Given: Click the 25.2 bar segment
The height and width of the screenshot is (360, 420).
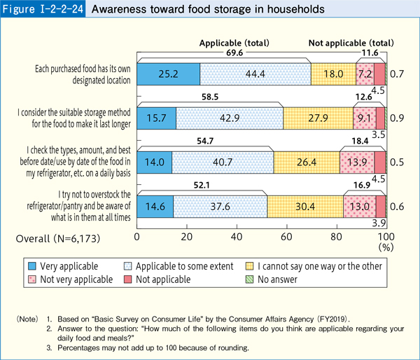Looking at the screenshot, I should pos(168,74).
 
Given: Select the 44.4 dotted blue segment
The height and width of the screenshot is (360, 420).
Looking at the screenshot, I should pos(255,74).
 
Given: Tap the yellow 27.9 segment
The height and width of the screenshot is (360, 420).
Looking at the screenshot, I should pos(318,116).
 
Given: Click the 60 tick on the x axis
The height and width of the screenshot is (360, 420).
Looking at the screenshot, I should pos(286,237).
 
